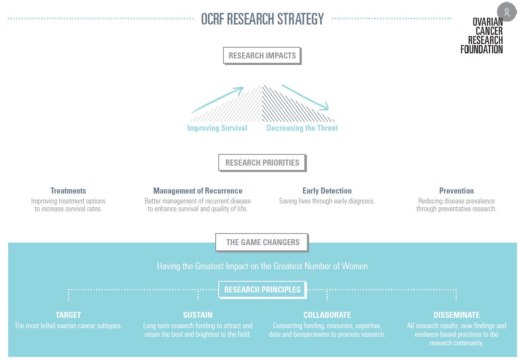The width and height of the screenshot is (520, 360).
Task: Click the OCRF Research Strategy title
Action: coord(262,19)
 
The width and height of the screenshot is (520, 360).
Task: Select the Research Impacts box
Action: coord(262,55)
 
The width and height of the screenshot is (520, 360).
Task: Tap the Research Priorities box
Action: coord(262,163)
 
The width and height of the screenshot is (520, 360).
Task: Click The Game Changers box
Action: coord(262,243)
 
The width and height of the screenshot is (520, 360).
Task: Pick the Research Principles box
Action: coord(262,290)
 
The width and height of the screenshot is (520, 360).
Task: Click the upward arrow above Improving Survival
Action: coord(217,100)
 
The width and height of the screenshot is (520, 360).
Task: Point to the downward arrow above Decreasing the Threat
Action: coord(305,98)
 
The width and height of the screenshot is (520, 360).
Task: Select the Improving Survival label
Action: coord(217,128)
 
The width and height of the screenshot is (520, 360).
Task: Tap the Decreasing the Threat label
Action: coord(302,128)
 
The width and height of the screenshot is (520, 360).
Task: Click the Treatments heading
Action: coord(68,191)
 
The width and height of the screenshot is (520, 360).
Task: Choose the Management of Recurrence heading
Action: coord(198,191)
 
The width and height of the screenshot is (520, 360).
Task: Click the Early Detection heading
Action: coord(327,191)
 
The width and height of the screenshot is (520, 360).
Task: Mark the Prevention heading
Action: coord(456,191)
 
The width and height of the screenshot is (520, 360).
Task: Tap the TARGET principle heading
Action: coord(68,315)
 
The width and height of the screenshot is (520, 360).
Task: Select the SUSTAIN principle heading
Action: coord(198,315)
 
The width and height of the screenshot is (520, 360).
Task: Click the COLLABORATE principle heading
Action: coord(327,315)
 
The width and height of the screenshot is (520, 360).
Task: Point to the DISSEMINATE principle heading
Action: coord(457,315)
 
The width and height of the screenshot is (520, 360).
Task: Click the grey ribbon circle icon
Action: coord(507,12)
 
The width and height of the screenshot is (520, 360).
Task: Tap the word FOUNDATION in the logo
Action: coord(482,49)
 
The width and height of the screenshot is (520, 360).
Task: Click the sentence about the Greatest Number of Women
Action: coord(262,266)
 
